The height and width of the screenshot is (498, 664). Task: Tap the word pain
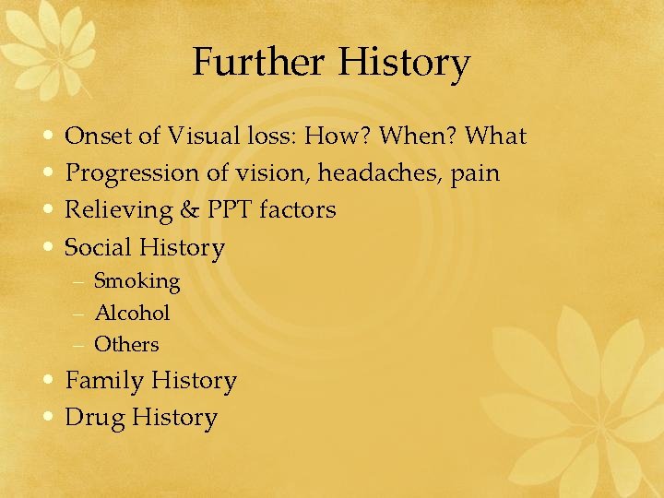pyautogui.click(x=475, y=174)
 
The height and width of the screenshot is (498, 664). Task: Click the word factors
pyautogui.click(x=298, y=210)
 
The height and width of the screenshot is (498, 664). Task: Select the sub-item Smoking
pyautogui.click(x=136, y=281)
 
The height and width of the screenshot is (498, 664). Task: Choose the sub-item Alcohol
pyautogui.click(x=132, y=313)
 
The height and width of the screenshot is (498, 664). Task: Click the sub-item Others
pyautogui.click(x=126, y=344)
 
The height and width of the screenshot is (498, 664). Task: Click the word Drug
pyautogui.click(x=94, y=418)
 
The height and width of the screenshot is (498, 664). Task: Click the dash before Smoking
pyautogui.click(x=78, y=281)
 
